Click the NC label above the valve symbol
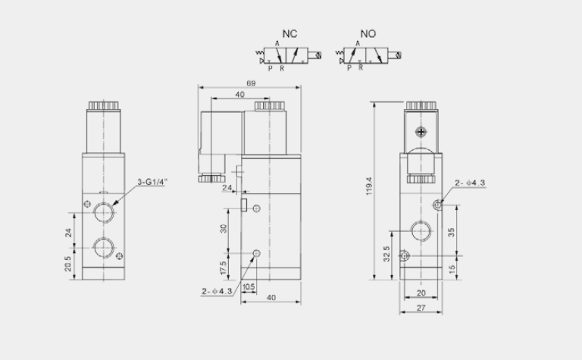(289, 34)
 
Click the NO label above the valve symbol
(368, 34)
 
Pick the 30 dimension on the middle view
(224, 228)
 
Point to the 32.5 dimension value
(387, 252)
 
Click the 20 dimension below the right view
(421, 293)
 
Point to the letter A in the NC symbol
(277, 45)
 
